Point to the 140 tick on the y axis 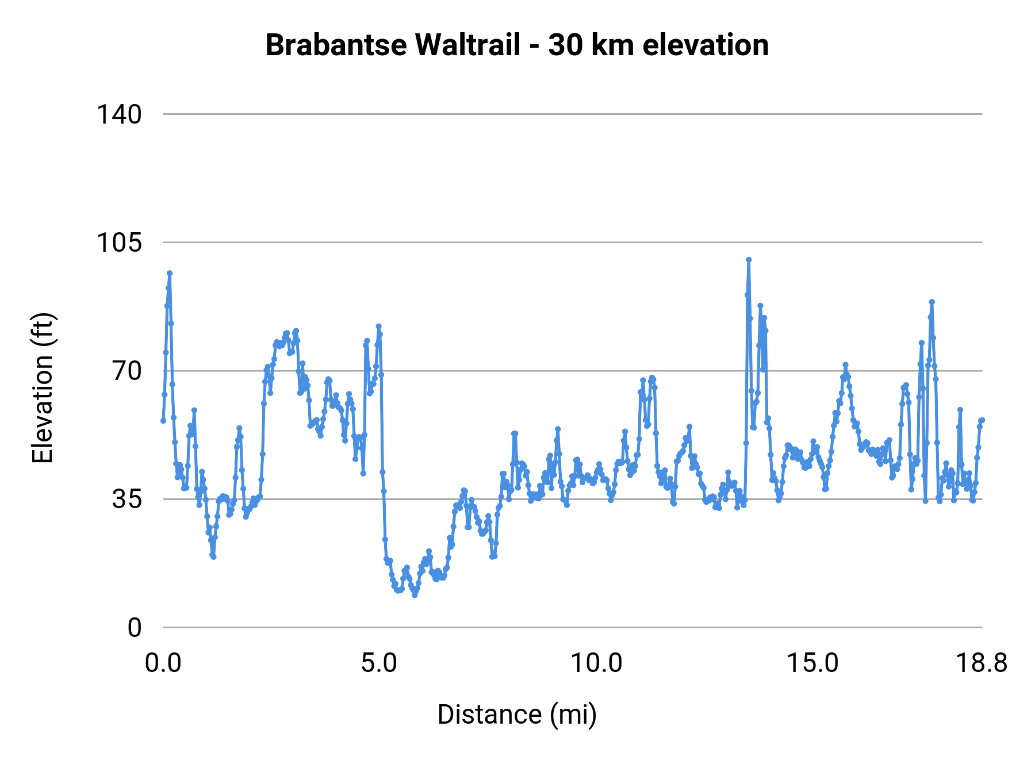[x=118, y=114]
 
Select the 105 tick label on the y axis [x=118, y=243]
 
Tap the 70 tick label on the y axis [x=126, y=371]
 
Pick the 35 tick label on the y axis [x=126, y=500]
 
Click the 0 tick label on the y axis [x=135, y=628]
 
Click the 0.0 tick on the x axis [x=163, y=663]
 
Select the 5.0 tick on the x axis [x=379, y=663]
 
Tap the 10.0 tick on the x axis [x=596, y=663]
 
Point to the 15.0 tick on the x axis [x=812, y=663]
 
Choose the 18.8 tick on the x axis [x=982, y=663]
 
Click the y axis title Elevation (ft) [x=43, y=388]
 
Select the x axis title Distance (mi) [x=517, y=714]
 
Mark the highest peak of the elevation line [x=749, y=260]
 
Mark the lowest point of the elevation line [x=415, y=595]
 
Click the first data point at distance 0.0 [x=163, y=421]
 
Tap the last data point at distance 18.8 [x=982, y=420]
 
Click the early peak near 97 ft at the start [x=170, y=274]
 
